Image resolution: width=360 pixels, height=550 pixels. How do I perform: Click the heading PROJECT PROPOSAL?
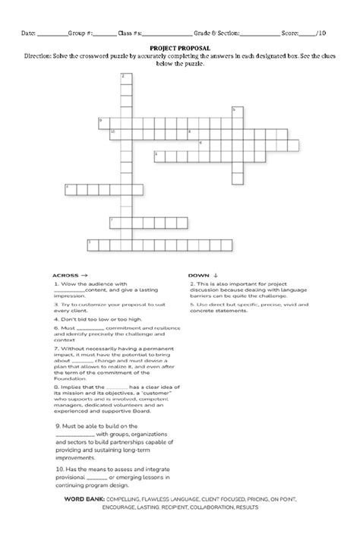pos(179,47)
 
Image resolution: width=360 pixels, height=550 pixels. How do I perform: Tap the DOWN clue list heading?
pos(204,275)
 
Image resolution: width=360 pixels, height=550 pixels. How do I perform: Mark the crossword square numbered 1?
pos(91,243)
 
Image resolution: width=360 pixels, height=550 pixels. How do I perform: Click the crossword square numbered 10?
pos(114,132)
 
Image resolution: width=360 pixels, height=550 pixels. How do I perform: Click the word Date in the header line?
pos(28,33)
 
